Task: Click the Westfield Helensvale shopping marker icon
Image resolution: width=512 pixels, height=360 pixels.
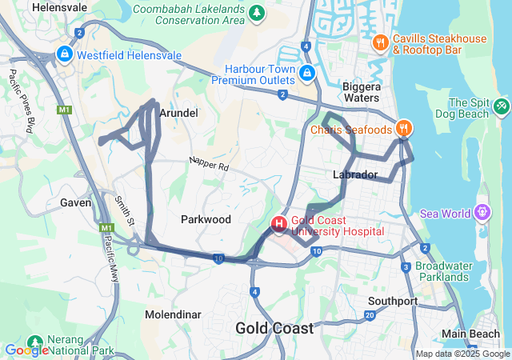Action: (x=64, y=54)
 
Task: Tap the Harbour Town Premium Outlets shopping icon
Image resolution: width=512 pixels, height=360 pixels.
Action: (x=306, y=74)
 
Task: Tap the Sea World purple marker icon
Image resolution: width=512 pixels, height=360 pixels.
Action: (x=482, y=213)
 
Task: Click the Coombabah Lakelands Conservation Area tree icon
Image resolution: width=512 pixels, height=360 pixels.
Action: (x=256, y=12)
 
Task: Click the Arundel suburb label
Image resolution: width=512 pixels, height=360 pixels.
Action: (x=178, y=114)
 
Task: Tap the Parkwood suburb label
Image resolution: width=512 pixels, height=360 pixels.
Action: (x=206, y=219)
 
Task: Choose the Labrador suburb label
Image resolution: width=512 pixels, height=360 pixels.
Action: (x=354, y=174)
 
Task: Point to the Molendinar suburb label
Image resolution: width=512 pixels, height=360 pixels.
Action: (x=173, y=314)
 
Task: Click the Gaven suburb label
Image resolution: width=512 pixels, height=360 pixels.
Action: (x=75, y=202)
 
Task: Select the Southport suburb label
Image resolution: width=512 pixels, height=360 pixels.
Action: (x=393, y=302)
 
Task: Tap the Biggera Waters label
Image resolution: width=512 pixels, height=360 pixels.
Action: (x=361, y=92)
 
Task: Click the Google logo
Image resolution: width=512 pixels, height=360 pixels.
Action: (x=27, y=350)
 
